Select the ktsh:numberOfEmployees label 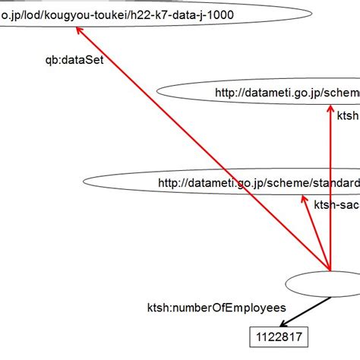(x=216, y=308)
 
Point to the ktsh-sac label (x=336, y=204)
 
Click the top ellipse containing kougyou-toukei (x=152, y=14)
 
